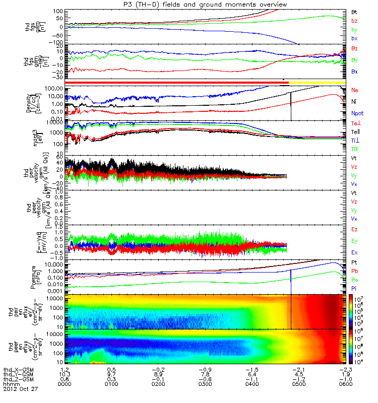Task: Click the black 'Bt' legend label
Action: (354, 11)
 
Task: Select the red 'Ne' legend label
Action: (355, 90)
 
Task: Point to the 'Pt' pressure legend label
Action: (354, 263)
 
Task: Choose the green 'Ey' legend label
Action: (355, 241)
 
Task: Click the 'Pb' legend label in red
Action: (355, 272)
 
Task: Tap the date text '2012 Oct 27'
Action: (20, 389)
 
